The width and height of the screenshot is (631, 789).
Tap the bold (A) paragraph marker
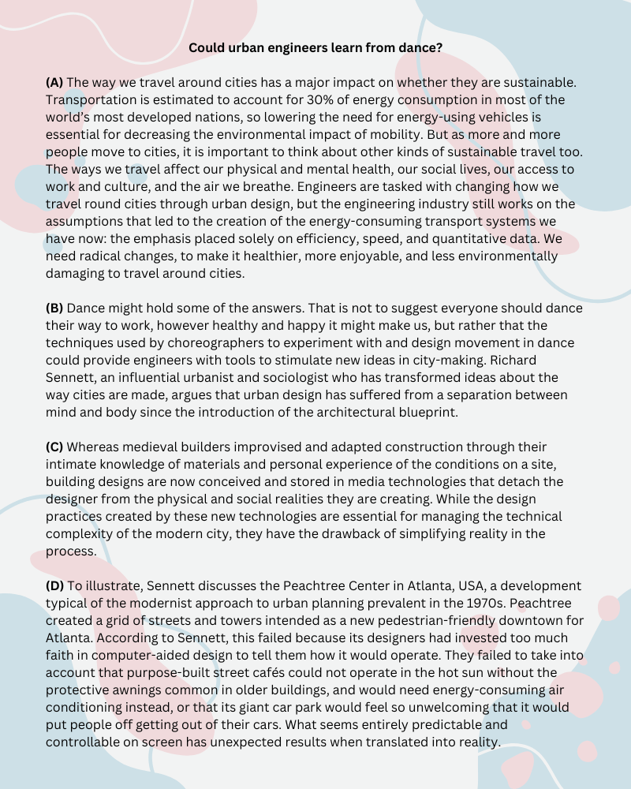click(54, 82)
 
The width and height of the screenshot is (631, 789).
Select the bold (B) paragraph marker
click(54, 308)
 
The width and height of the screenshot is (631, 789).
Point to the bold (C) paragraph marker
click(54, 447)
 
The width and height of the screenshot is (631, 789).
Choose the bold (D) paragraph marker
click(55, 585)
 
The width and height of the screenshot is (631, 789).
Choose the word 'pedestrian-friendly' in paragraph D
click(410, 620)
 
